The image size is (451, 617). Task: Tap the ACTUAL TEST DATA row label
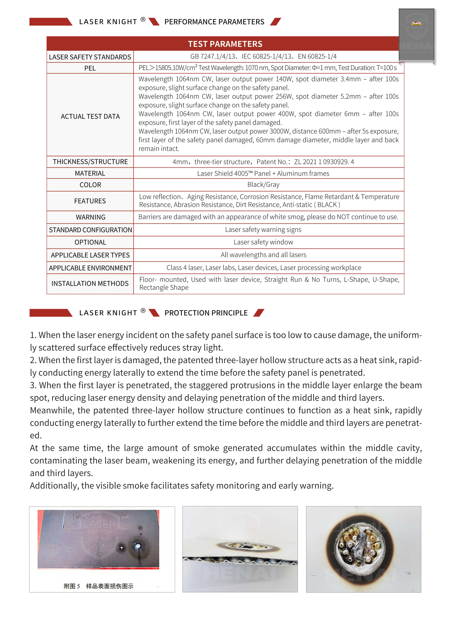coord(90,116)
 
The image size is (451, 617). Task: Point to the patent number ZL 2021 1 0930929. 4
coord(324,162)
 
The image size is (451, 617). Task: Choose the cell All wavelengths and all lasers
coord(263,255)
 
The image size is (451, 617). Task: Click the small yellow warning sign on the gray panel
coord(416,24)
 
